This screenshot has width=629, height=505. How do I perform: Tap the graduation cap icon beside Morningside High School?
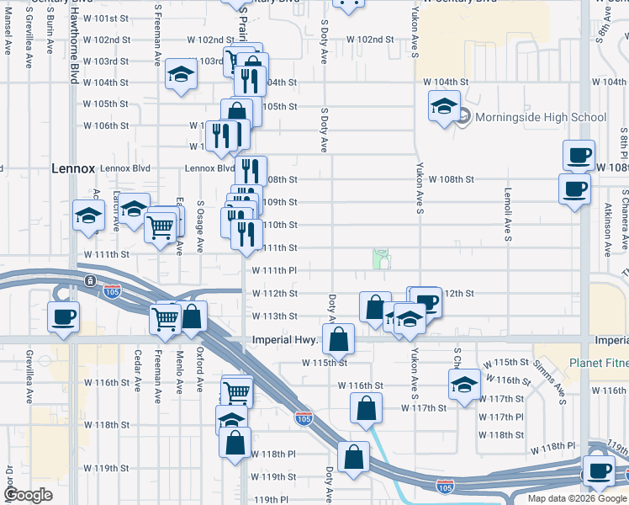point(444,107)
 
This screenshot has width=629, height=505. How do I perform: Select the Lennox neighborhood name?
point(73,167)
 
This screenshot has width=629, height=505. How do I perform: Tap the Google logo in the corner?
point(28,495)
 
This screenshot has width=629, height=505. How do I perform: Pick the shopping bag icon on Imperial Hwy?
point(338,340)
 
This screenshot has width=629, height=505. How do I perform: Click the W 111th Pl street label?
point(276,270)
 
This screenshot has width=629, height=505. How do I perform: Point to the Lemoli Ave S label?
point(508,215)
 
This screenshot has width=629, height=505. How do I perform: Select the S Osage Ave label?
point(200,226)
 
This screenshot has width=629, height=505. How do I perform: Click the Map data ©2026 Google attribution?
point(577,498)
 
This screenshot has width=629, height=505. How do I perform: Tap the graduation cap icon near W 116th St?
point(463,384)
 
